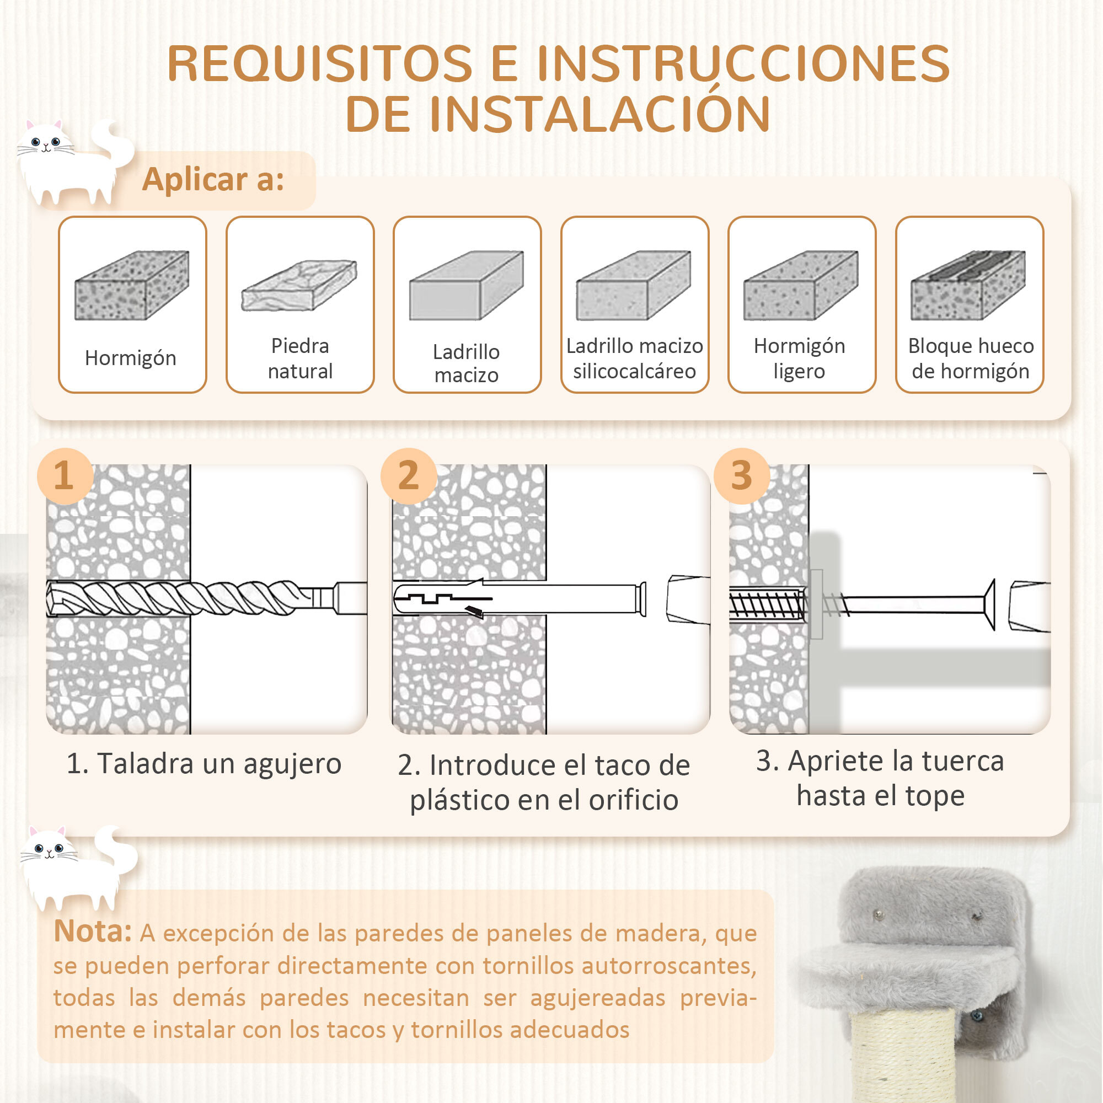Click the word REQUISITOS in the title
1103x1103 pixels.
coord(320,64)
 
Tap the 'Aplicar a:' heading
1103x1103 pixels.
coord(213,180)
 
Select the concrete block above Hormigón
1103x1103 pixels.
coord(132,285)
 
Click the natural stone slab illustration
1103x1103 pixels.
coord(299,286)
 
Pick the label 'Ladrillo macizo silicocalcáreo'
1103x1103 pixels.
coord(634,358)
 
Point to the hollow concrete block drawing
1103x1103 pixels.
coord(968,285)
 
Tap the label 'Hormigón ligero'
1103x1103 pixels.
coord(799,358)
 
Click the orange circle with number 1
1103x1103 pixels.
coord(65,475)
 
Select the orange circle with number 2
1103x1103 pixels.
coord(408,475)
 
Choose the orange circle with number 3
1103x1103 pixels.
coord(741,475)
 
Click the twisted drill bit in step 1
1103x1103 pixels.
coord(189,598)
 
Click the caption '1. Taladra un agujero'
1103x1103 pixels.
coord(204,764)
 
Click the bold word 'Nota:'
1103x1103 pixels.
coord(93,931)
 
